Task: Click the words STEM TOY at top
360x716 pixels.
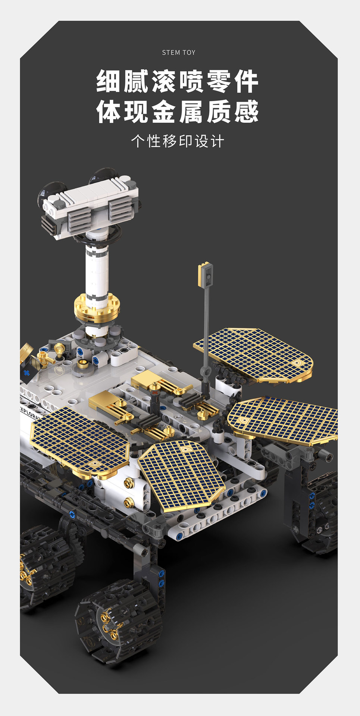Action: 179,53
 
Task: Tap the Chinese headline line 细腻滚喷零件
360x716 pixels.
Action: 178,81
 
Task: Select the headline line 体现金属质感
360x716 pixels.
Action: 178,111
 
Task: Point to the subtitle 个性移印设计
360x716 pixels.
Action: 178,141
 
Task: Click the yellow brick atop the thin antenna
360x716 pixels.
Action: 205,274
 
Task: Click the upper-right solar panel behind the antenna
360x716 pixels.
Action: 253,355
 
